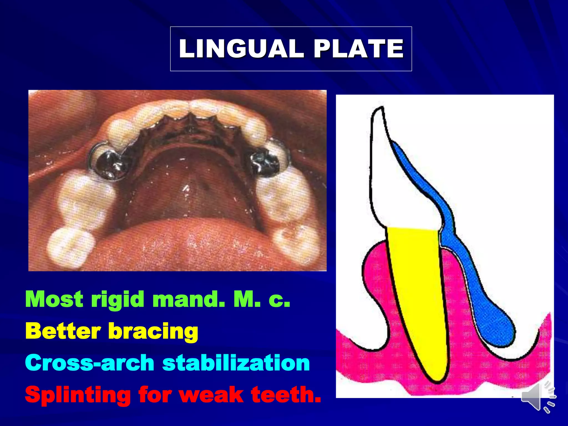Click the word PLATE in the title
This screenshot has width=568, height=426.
click(x=358, y=49)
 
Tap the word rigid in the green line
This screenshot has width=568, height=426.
click(x=118, y=300)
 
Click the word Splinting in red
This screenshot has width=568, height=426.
click(x=78, y=395)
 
